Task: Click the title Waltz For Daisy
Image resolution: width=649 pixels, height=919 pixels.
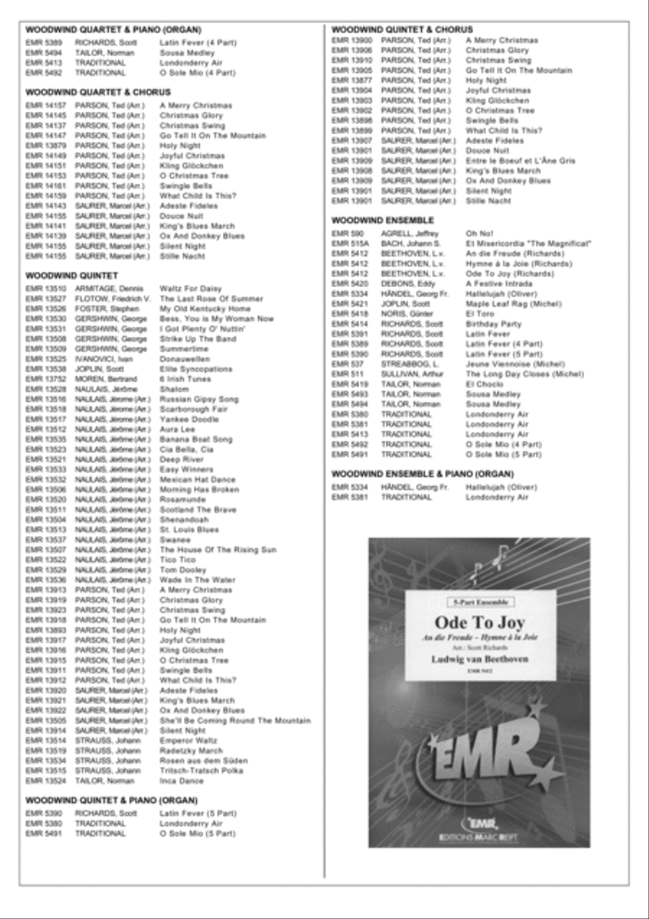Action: coord(185,289)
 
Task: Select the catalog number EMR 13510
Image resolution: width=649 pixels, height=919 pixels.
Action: coord(45,289)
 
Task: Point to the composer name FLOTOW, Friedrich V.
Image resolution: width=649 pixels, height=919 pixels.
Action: coord(112,299)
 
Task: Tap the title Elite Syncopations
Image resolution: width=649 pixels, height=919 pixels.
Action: coord(196,369)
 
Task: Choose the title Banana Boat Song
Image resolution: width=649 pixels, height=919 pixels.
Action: coord(196,439)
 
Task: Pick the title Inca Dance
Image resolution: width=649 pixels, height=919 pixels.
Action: coord(182,781)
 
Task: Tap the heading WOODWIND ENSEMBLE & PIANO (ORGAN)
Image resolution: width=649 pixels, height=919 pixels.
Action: coord(423,474)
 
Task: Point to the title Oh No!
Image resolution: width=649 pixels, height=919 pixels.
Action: coord(480,234)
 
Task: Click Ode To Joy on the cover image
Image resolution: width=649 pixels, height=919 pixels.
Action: coord(480,623)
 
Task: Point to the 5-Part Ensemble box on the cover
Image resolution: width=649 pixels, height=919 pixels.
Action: coord(480,602)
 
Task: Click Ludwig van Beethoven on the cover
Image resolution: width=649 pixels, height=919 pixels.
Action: coord(480,659)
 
